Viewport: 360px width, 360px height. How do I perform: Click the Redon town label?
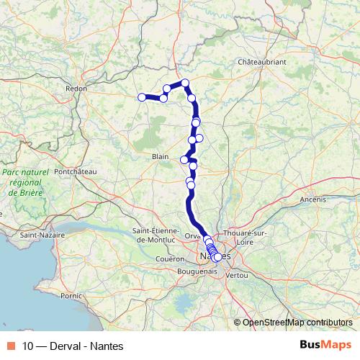click(x=76, y=89)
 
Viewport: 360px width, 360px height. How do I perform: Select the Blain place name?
click(x=160, y=156)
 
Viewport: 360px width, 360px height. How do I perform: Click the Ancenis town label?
click(x=313, y=199)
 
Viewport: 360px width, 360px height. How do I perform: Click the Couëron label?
click(x=170, y=258)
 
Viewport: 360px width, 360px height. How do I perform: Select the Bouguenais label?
click(x=197, y=272)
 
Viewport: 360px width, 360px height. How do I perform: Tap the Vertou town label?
click(x=236, y=275)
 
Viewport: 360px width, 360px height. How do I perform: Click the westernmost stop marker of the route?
click(x=141, y=96)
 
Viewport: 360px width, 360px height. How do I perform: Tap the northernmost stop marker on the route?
click(x=185, y=83)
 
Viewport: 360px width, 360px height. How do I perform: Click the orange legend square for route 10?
click(x=12, y=346)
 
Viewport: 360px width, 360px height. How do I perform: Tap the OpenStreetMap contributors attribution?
click(x=297, y=322)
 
